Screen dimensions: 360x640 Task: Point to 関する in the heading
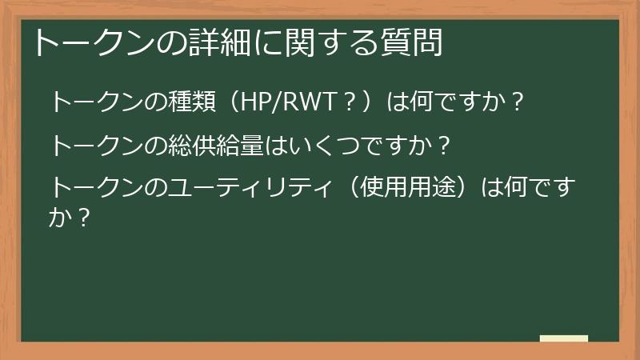(320, 43)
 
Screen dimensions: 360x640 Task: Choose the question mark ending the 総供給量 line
(443, 146)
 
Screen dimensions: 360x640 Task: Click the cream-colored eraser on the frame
(563, 338)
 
